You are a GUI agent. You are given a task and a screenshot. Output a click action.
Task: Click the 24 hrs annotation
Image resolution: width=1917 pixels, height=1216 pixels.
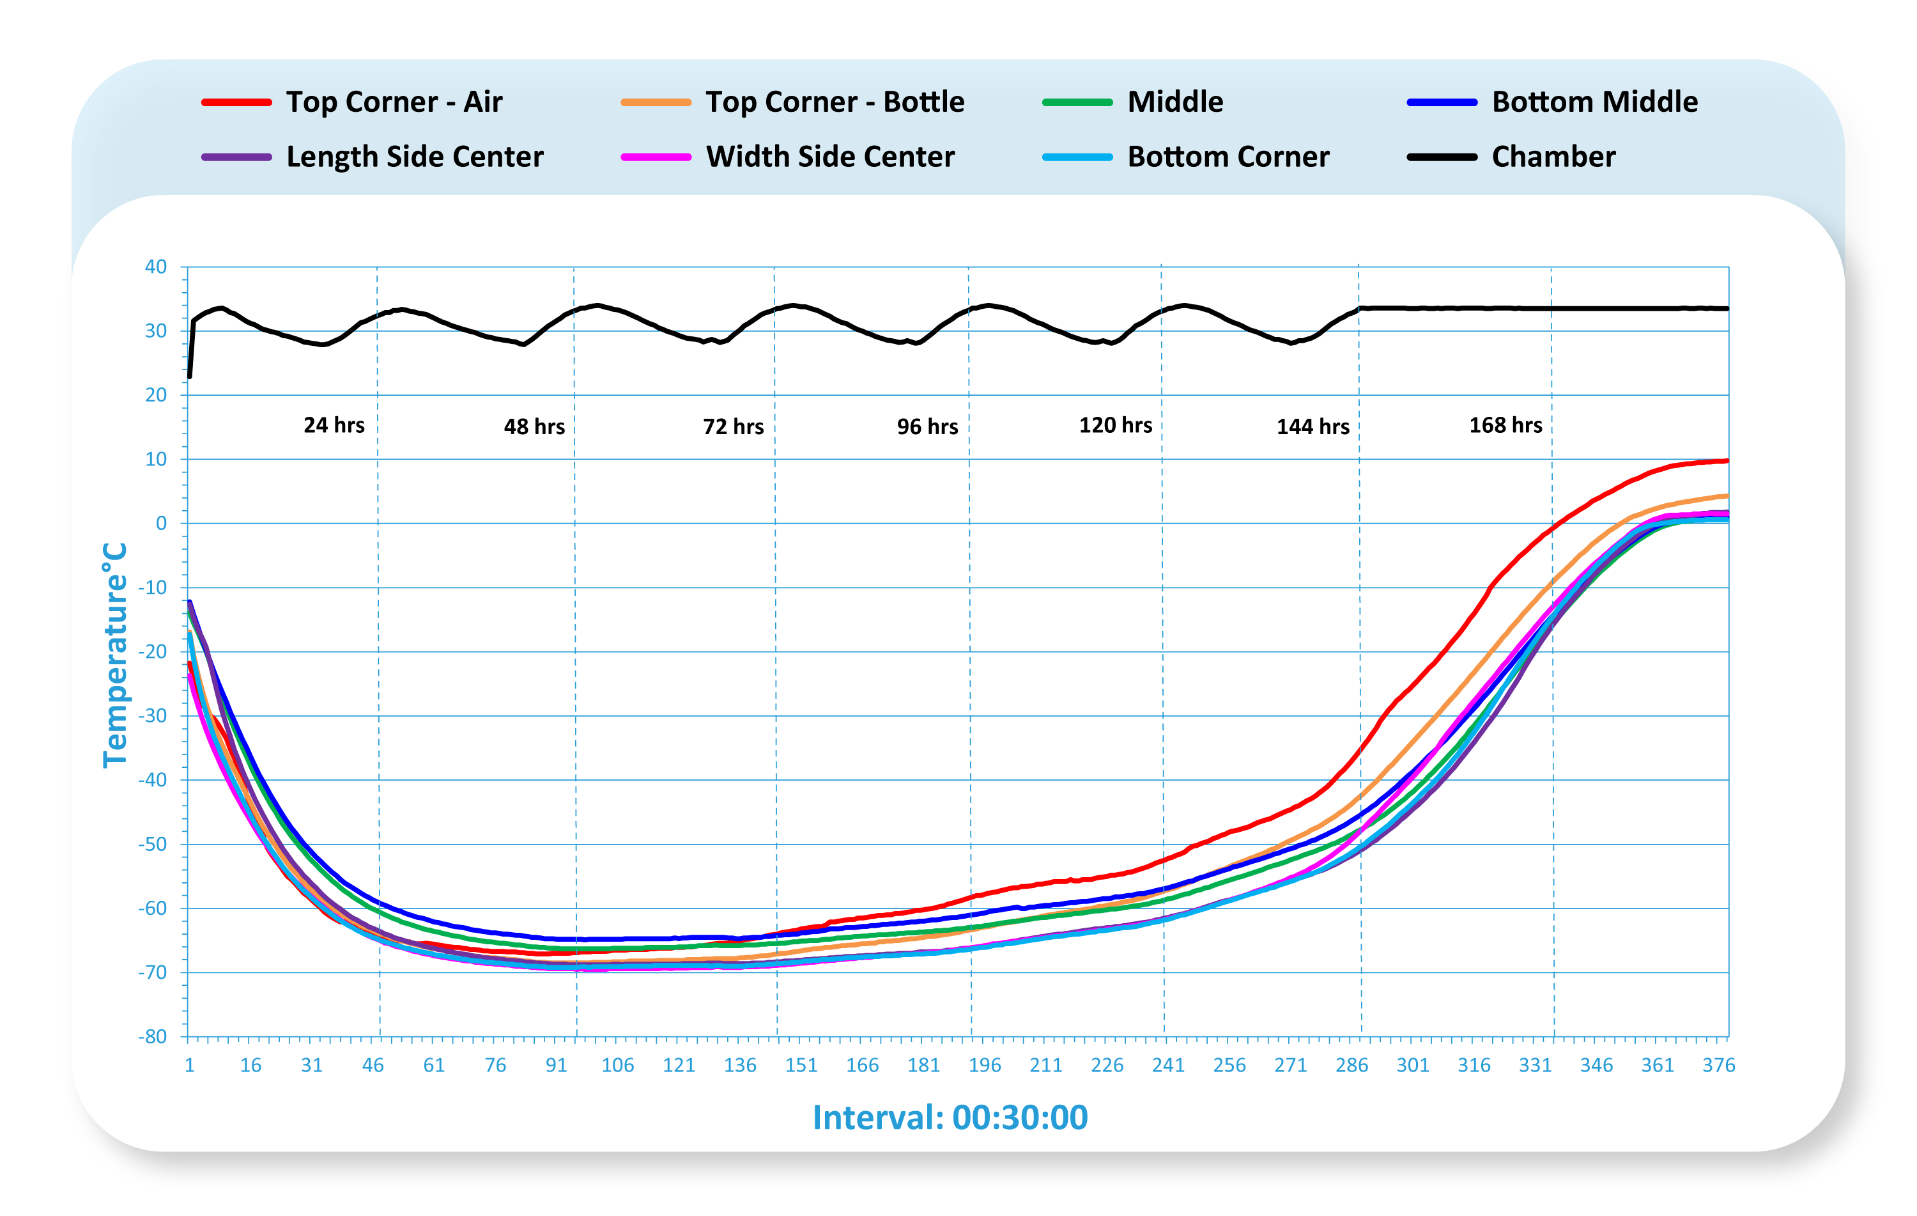(334, 425)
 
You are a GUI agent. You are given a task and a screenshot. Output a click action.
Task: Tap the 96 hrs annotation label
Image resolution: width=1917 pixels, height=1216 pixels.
(927, 427)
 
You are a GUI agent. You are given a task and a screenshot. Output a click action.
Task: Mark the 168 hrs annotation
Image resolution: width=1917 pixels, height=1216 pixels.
(1505, 425)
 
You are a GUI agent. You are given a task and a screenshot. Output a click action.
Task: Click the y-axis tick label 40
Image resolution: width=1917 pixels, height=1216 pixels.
(156, 267)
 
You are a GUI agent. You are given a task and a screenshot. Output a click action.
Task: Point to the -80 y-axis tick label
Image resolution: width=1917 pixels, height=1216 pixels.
(153, 1037)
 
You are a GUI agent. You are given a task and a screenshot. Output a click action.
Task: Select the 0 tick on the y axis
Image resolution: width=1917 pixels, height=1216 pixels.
(161, 523)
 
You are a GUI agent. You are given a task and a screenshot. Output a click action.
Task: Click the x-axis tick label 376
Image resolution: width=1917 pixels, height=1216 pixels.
(1718, 1066)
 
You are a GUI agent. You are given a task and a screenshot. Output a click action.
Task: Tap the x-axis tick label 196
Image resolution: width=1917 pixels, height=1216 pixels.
(984, 1066)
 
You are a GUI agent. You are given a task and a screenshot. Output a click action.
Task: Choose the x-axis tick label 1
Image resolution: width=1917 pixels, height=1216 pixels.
(190, 1066)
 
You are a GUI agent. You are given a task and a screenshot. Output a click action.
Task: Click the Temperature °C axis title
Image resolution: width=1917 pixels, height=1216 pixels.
(116, 655)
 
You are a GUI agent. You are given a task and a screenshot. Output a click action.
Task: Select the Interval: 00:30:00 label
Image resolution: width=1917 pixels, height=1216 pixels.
(950, 1118)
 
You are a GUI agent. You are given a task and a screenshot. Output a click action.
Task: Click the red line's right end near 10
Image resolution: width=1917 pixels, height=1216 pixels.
(1725, 461)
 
